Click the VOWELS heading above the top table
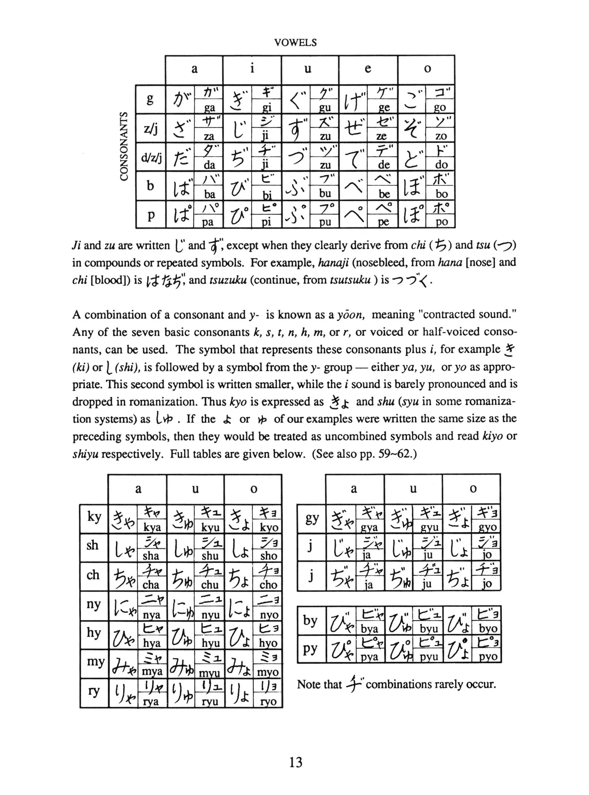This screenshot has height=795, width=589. point(295,43)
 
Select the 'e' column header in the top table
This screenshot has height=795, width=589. point(368,69)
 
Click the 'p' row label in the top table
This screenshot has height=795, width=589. point(151,215)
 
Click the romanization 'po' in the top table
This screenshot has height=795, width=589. point(441,222)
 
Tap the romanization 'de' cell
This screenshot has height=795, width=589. point(384,165)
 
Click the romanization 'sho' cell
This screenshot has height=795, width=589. point(268,556)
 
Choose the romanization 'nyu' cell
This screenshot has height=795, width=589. point(210,615)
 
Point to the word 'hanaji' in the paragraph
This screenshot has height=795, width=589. point(333,263)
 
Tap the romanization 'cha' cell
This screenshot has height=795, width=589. point(150,585)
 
